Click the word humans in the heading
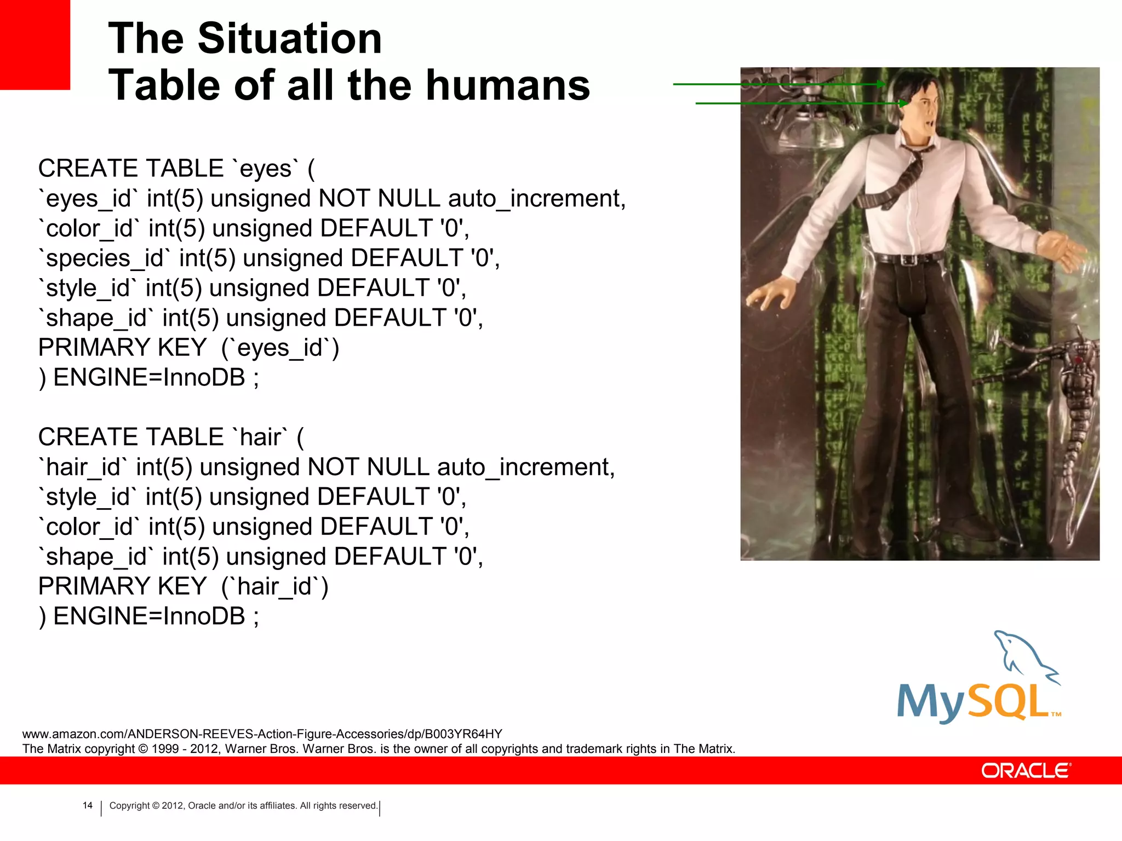click(x=508, y=85)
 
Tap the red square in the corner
click(x=35, y=44)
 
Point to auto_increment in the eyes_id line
click(x=536, y=199)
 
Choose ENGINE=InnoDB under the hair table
click(x=149, y=617)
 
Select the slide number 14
click(x=88, y=805)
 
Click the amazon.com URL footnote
click(x=262, y=734)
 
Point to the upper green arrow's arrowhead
click(x=881, y=84)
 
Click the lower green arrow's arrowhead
click(x=904, y=103)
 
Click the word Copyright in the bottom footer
click(x=129, y=805)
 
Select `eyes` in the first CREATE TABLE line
click(x=266, y=169)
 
